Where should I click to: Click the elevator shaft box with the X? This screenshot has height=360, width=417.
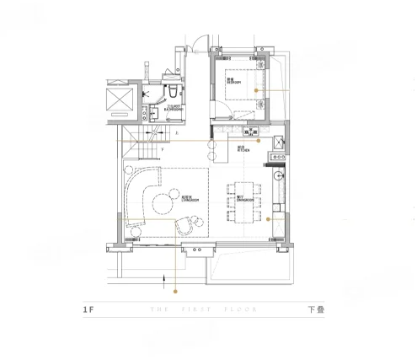[118, 100]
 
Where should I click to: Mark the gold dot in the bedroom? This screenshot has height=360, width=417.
[268, 90]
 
